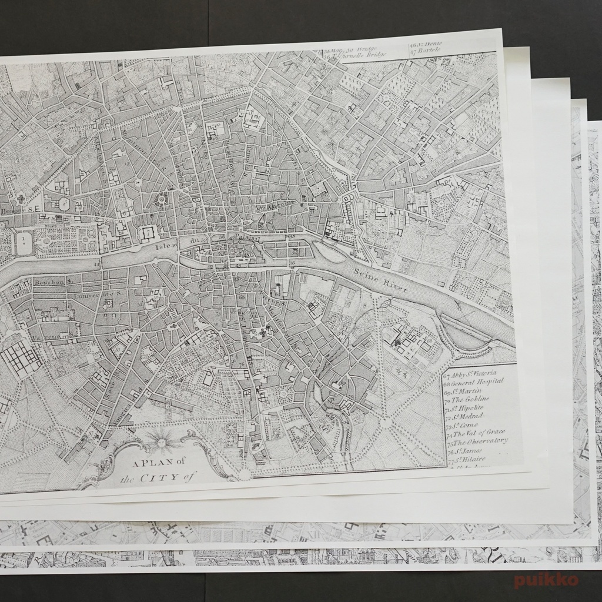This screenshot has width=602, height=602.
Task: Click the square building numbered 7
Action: (x=147, y=233)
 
